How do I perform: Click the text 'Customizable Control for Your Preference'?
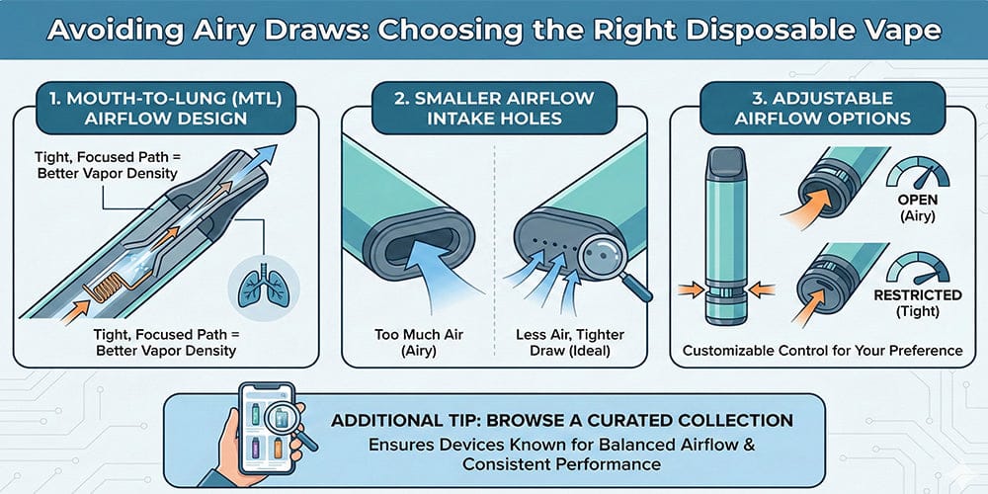click(x=822, y=350)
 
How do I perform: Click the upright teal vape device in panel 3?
click(x=725, y=237)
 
